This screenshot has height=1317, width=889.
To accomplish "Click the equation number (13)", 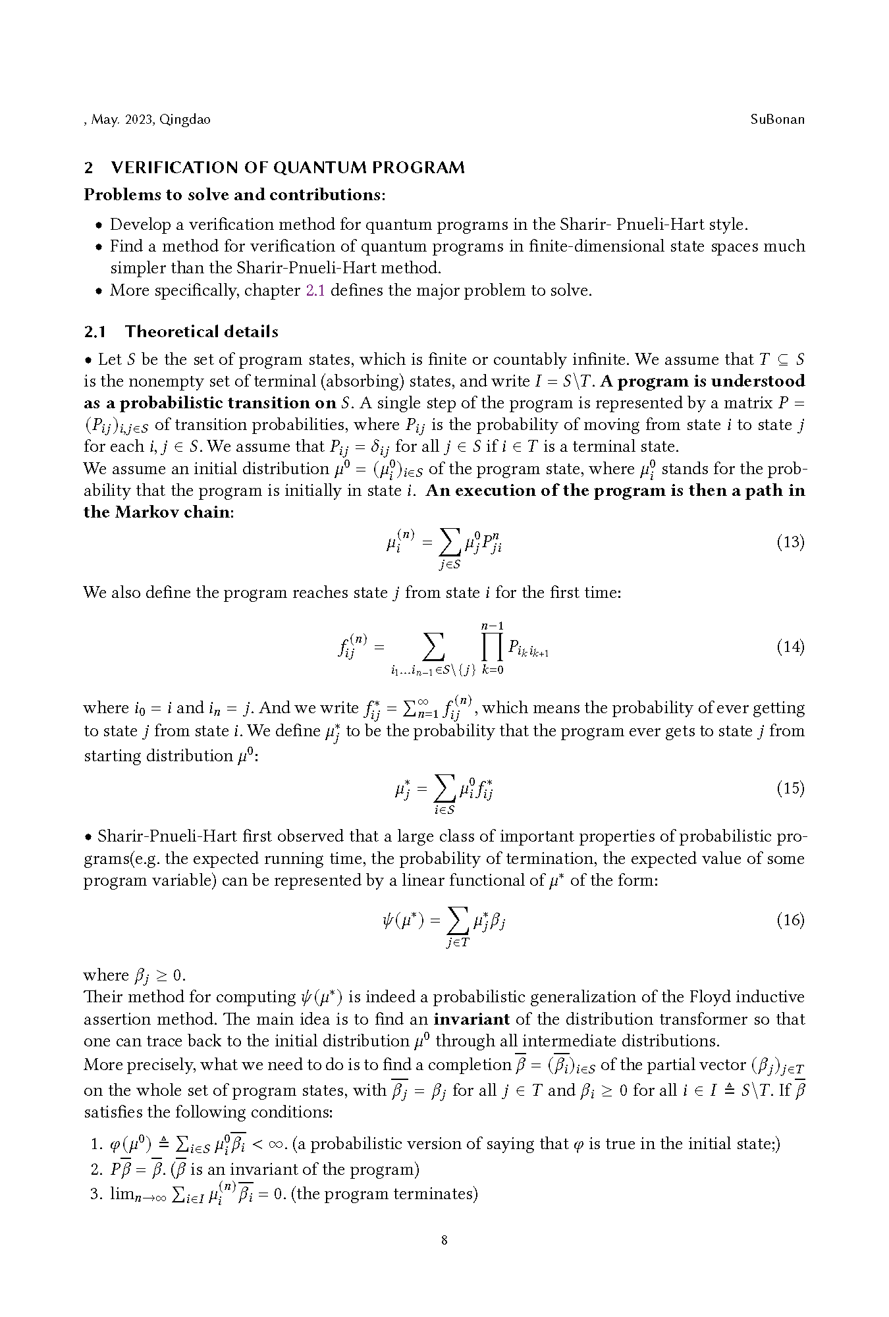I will pyautogui.click(x=790, y=543).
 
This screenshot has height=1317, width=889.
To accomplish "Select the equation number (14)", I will pyautogui.click(x=790, y=647).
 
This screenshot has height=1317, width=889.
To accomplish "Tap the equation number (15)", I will pyautogui.click(x=790, y=788).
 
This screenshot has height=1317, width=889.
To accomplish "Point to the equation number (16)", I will pyautogui.click(x=790, y=920).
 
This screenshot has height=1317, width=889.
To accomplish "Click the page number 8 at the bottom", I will pyautogui.click(x=444, y=1241).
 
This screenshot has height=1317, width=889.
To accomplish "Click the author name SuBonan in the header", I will pyautogui.click(x=777, y=120).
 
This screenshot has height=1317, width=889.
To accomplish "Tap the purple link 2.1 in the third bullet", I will pyautogui.click(x=315, y=290).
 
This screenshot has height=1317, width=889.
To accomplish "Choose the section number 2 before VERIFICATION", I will pyautogui.click(x=89, y=168).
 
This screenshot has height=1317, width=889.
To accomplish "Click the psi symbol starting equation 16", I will pyautogui.click(x=389, y=920).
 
